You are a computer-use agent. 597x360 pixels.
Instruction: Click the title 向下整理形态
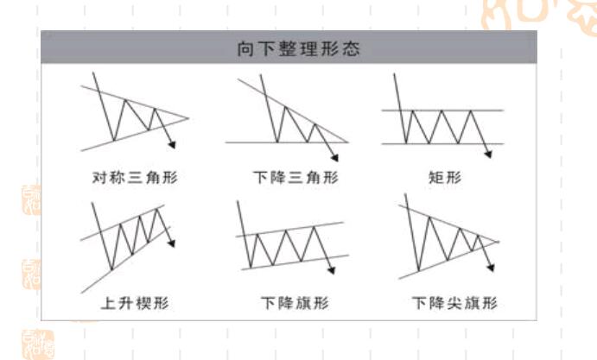[x=298, y=48]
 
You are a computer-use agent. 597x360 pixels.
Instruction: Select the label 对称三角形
[x=135, y=177]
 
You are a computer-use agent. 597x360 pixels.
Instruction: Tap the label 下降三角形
[x=295, y=177]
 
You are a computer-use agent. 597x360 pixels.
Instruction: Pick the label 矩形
[x=445, y=177]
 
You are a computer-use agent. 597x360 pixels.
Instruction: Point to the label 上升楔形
[x=135, y=303]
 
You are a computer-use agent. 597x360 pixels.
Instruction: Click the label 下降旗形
[x=295, y=303]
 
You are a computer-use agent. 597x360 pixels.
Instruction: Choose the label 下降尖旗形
[x=454, y=303]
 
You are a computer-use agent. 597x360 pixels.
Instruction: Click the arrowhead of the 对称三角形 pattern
[x=172, y=145]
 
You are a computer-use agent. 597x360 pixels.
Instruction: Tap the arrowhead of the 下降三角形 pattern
[x=334, y=157]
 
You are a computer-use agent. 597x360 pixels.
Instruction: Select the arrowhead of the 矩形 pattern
[x=488, y=154]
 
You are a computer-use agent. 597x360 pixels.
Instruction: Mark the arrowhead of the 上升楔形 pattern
[x=172, y=243]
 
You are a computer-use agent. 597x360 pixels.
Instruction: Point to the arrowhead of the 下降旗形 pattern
[x=331, y=270]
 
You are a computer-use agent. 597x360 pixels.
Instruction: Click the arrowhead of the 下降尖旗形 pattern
[x=491, y=268]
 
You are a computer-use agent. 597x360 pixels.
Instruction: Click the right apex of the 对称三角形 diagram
[x=188, y=118]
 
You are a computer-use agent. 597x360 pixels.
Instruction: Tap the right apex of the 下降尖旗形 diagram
[x=498, y=241]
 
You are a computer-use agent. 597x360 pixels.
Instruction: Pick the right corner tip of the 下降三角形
[x=347, y=142]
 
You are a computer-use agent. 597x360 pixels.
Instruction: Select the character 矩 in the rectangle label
[x=436, y=177]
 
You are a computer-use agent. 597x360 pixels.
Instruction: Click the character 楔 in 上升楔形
[x=143, y=303]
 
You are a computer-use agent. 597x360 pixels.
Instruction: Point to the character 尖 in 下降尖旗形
[x=454, y=303]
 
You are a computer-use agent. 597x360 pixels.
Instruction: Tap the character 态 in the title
[x=351, y=48]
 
